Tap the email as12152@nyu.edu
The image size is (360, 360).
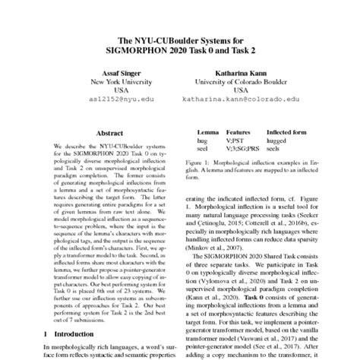coord(116,98)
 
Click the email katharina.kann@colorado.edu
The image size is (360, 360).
coord(242,98)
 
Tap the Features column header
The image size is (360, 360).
coord(238,131)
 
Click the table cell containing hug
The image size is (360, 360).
coord(202,141)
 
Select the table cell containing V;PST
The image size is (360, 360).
coord(236,141)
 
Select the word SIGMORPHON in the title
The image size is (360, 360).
coord(141,49)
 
